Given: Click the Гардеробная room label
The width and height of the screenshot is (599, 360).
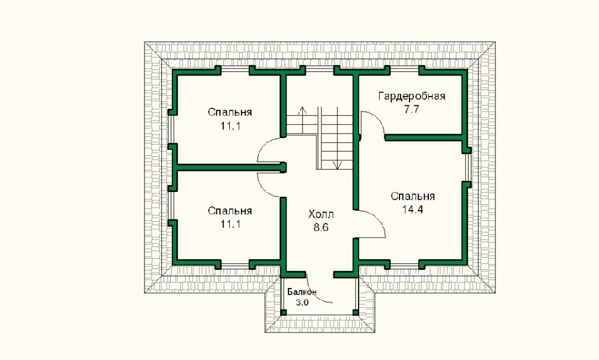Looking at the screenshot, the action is [411, 96].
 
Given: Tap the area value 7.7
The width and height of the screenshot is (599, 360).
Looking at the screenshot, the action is [412, 109].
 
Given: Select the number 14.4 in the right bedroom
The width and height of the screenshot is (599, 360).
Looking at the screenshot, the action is [412, 210].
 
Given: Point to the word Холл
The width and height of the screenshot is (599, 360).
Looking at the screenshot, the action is [321, 214].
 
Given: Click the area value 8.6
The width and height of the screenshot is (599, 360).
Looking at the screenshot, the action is [321, 228].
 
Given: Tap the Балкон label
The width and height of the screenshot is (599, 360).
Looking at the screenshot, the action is [302, 292].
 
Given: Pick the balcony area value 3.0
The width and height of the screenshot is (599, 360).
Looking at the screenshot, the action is [302, 303].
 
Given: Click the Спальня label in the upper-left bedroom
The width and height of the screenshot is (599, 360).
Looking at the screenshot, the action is [229, 113].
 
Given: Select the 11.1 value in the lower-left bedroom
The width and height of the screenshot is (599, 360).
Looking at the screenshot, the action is [230, 224].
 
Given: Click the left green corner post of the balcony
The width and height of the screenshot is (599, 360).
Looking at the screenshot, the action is [284, 313].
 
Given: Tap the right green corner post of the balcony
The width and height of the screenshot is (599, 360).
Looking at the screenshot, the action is [356, 313].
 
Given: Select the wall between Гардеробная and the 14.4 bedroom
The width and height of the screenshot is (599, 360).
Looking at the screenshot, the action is [424, 137].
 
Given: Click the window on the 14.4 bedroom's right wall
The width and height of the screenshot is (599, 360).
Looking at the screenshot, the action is [469, 167].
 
